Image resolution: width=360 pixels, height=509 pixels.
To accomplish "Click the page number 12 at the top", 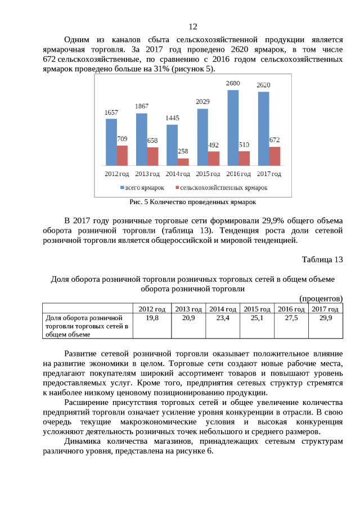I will (x=192, y=26).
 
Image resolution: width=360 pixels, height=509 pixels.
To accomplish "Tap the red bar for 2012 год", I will (x=122, y=155).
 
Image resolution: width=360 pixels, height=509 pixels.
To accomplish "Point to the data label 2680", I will (x=233, y=83).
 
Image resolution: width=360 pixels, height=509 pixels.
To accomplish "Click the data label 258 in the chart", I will (x=183, y=152).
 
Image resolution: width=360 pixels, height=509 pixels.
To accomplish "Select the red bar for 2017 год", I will (x=274, y=156).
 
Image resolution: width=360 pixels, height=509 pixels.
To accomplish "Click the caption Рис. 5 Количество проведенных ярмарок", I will (x=192, y=201).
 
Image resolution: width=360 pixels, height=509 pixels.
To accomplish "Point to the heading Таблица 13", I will (x=322, y=259).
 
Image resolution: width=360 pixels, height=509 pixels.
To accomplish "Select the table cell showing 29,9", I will (x=325, y=318).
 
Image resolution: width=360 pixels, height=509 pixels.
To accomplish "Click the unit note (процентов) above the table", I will (x=321, y=298).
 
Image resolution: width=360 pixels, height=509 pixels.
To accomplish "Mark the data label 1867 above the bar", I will (x=142, y=106).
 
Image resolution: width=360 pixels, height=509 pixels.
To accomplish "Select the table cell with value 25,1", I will (x=256, y=318).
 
